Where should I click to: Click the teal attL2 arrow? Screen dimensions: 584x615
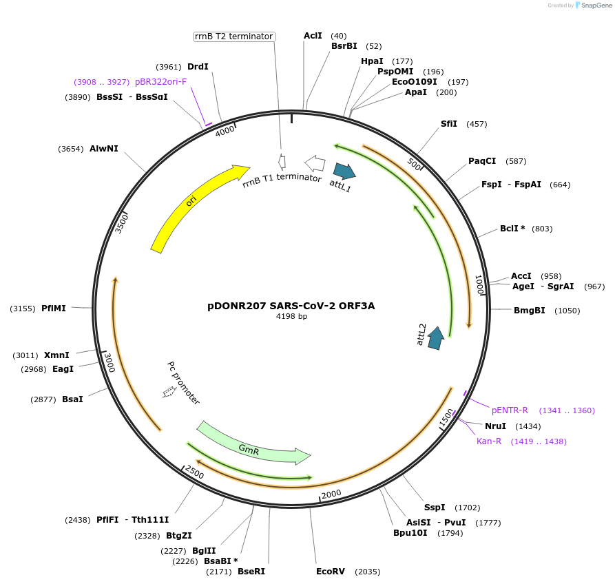tap(435, 338)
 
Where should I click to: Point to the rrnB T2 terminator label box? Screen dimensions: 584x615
tap(233, 36)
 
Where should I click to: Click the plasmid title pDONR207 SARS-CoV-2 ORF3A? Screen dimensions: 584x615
tap(291, 306)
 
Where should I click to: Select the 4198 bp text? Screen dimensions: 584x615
tap(291, 317)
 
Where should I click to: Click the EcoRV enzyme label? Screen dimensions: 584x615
tap(330, 572)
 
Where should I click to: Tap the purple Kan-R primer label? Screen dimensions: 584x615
tap(489, 441)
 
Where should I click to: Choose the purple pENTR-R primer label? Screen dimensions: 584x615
tap(510, 410)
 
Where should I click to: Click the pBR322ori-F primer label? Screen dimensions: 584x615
tap(160, 82)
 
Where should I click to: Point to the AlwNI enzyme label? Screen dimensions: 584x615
tap(103, 149)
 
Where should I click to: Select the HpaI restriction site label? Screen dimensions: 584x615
tap(372, 61)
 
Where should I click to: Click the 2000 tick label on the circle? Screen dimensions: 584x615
tap(331, 493)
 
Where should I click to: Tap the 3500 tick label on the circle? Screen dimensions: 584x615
tap(121, 222)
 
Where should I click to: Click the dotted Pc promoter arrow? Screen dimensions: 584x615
tap(169, 391)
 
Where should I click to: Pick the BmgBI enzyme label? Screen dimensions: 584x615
tap(529, 311)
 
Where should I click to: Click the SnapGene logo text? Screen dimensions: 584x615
tap(596, 6)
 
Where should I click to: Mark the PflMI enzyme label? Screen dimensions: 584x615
tap(54, 309)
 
